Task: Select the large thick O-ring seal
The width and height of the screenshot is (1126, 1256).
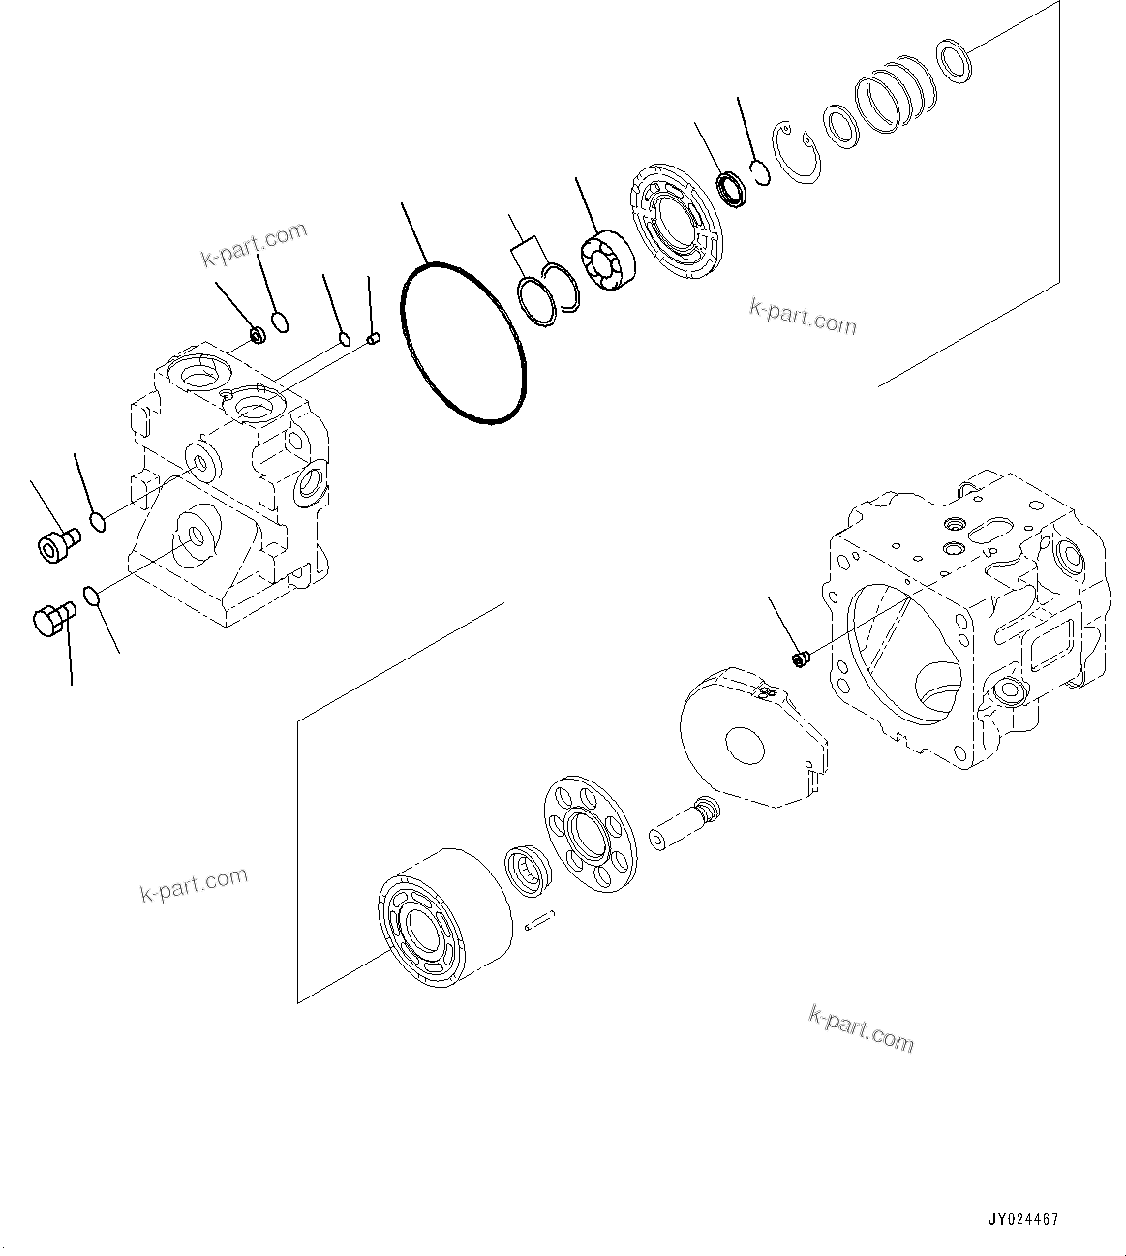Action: pos(464,342)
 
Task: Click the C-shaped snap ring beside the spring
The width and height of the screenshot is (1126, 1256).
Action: pos(798,153)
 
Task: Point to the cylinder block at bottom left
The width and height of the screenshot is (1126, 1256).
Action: pos(442,921)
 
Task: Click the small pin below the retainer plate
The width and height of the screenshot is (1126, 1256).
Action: pos(540,922)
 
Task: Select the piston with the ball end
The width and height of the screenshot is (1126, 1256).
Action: pos(684,824)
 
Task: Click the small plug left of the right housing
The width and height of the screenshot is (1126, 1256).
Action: pos(800,659)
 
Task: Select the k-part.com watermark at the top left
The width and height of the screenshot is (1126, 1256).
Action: pos(254,244)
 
